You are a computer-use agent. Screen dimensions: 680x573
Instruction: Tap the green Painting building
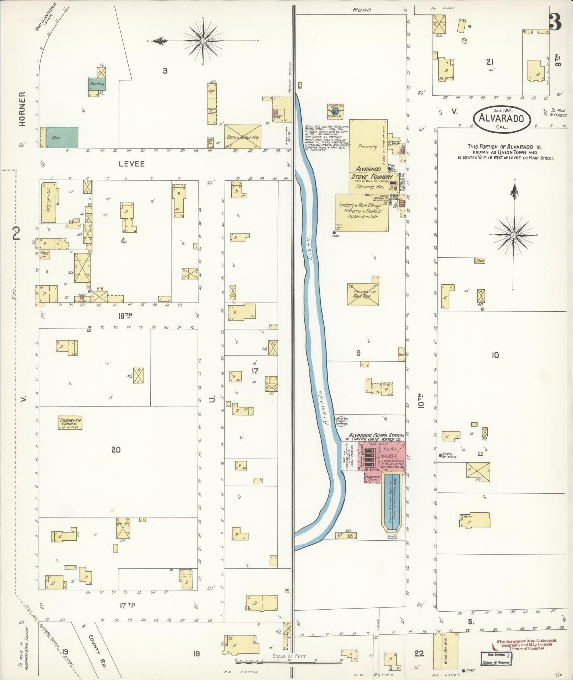[x=97, y=84]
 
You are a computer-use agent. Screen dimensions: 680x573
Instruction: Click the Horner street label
[x=22, y=109]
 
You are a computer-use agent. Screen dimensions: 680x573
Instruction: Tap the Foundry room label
[x=368, y=146]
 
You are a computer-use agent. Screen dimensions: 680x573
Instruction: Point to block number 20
[x=116, y=450]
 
